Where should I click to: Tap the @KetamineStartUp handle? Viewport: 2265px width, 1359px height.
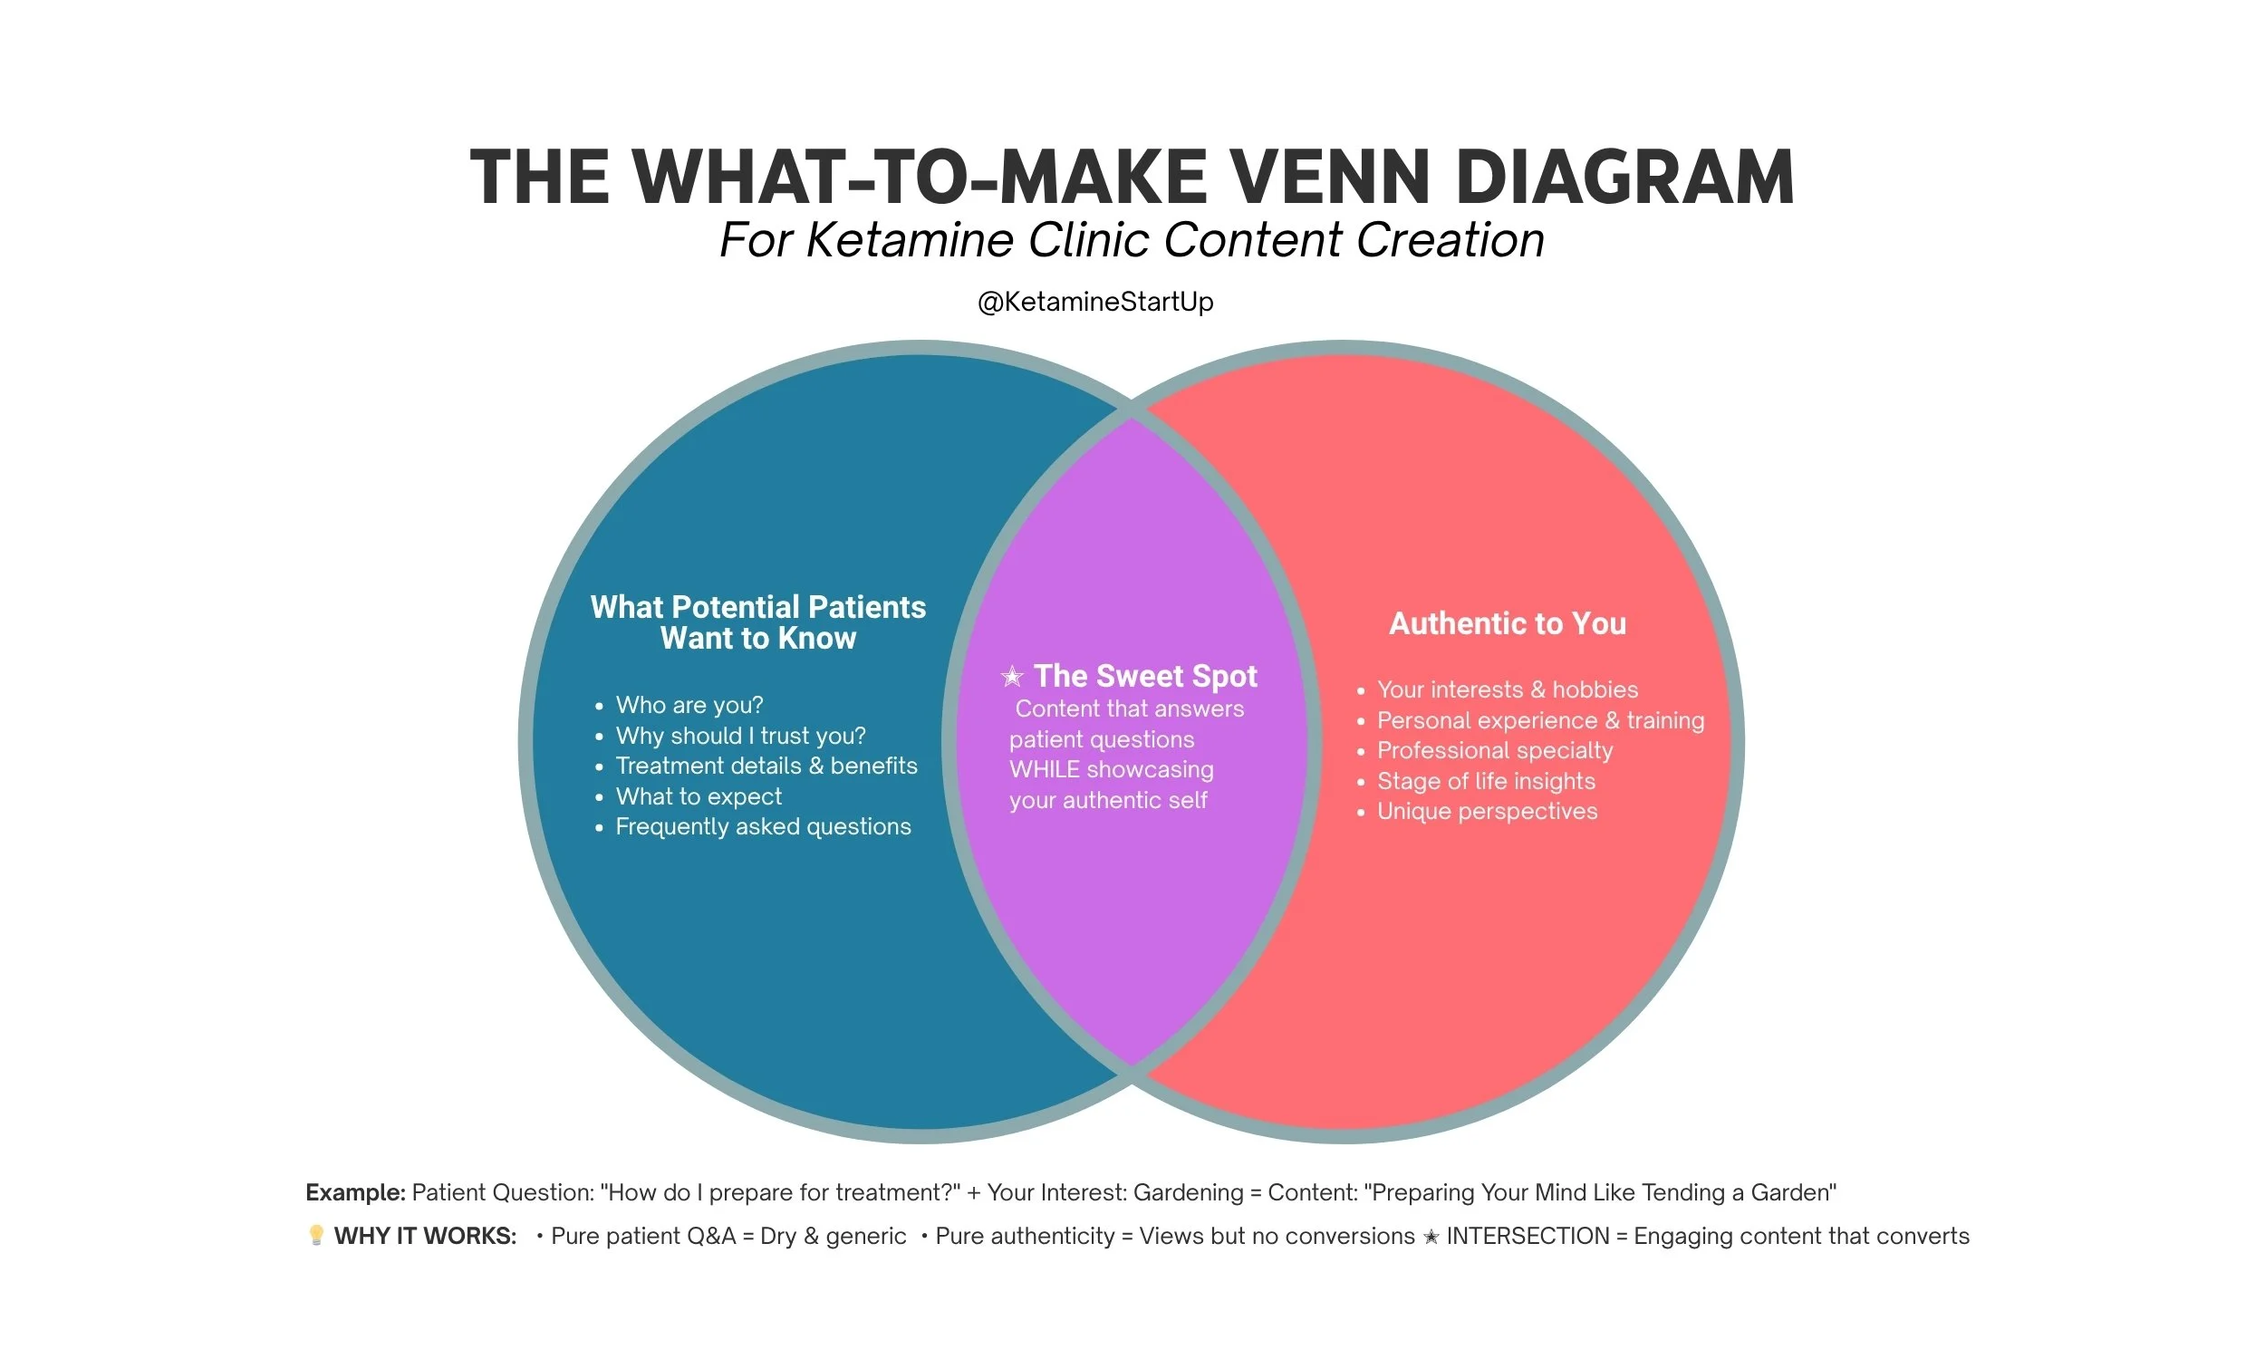pyautogui.click(x=1095, y=302)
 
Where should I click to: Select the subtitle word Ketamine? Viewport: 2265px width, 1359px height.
pyautogui.click(x=910, y=240)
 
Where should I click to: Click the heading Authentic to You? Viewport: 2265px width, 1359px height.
pyautogui.click(x=1507, y=623)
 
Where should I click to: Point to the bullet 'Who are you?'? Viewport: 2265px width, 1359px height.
pyautogui.click(x=689, y=705)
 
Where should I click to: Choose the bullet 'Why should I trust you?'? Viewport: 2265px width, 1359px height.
pyautogui.click(x=739, y=736)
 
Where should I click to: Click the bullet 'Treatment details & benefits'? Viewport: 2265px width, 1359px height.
pyautogui.click(x=766, y=766)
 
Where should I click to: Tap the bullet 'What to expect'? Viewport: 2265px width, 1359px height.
pyautogui.click(x=699, y=796)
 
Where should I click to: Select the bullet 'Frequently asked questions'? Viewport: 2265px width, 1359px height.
pyautogui.click(x=763, y=827)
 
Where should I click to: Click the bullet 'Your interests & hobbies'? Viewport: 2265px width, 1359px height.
pyautogui.click(x=1507, y=689)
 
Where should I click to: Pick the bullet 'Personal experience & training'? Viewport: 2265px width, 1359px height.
pyautogui.click(x=1540, y=720)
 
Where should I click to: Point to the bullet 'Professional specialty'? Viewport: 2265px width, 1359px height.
pyautogui.click(x=1494, y=751)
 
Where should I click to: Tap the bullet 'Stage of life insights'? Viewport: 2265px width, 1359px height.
pyautogui.click(x=1485, y=781)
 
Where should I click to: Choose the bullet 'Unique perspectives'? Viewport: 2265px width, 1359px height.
pyautogui.click(x=1487, y=812)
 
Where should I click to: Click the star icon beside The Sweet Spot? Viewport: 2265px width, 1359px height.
pyautogui.click(x=1012, y=677)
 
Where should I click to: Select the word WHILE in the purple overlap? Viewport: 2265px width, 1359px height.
pyautogui.click(x=1045, y=770)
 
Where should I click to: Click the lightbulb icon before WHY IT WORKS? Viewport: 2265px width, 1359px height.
pyautogui.click(x=316, y=1236)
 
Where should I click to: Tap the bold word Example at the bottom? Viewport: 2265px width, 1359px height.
pyautogui.click(x=354, y=1192)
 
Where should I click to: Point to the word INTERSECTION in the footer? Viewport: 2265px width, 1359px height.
pyautogui.click(x=1528, y=1237)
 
